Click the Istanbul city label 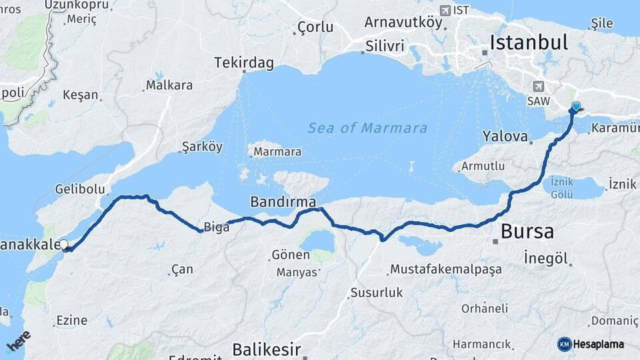[529, 43]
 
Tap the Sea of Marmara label [367, 128]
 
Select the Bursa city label [527, 231]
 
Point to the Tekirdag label [244, 63]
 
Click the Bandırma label [283, 201]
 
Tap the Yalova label [505, 136]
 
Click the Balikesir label [267, 349]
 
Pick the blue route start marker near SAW [576, 105]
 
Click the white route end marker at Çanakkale [64, 245]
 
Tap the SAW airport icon [538, 86]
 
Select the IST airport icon [445, 10]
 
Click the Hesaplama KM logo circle [564, 344]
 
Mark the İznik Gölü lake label [562, 188]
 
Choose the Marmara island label [277, 152]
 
